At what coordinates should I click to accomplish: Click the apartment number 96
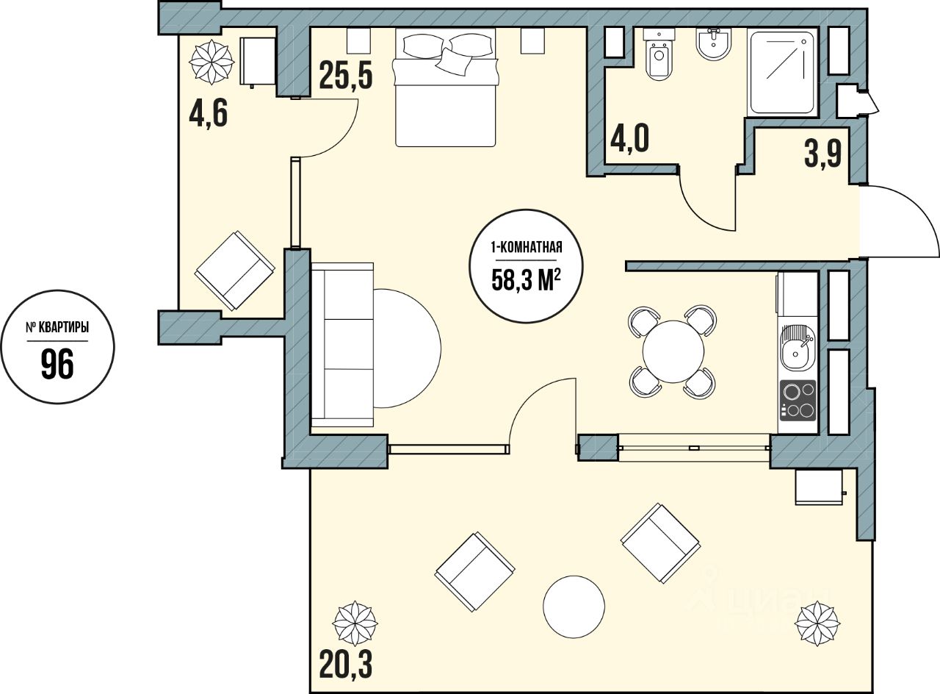tap(57, 364)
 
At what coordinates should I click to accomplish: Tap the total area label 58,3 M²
tap(527, 280)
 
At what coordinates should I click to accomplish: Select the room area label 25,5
tap(346, 75)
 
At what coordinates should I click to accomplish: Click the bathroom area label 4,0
tap(629, 139)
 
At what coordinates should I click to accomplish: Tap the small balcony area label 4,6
tap(208, 114)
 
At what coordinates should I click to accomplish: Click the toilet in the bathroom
tap(660, 54)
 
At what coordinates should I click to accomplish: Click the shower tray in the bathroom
tap(782, 72)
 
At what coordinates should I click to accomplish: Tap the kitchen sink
tap(798, 348)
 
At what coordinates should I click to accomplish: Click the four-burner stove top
tap(798, 401)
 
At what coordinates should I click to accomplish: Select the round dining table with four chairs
tap(673, 351)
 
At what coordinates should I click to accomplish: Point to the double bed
tap(445, 87)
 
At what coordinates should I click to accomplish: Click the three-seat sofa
tap(342, 345)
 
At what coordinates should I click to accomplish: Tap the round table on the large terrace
tap(574, 607)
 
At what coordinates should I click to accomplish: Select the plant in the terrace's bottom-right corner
tap(817, 623)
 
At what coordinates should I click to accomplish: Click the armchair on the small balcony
tap(235, 271)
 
